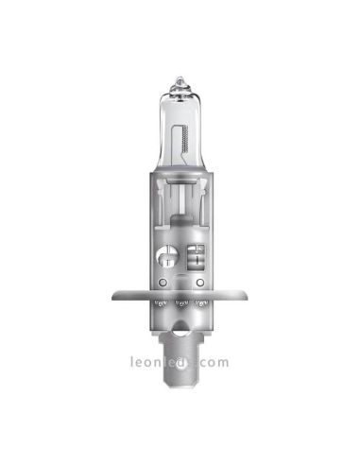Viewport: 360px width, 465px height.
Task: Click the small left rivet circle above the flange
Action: point(163,281)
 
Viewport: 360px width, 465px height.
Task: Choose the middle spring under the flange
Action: point(180,305)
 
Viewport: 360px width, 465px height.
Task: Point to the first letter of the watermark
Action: point(133,361)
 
